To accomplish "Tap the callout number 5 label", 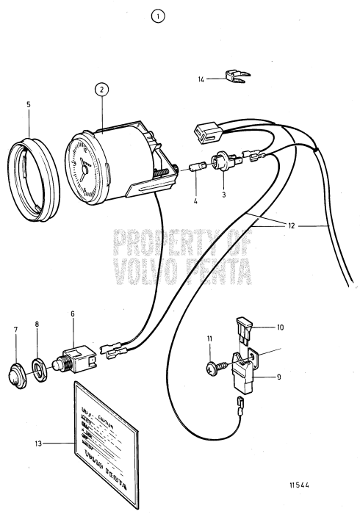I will [x=28, y=104].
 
